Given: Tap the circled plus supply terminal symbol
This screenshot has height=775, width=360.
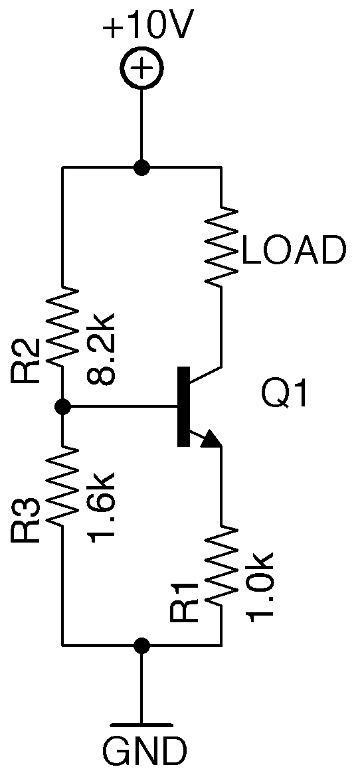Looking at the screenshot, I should (x=141, y=68).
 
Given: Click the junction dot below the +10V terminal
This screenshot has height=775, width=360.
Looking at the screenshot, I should (x=141, y=167).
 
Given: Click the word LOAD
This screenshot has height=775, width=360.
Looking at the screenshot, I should (x=294, y=251).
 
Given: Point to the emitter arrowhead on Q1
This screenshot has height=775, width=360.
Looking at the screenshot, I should (x=211, y=439).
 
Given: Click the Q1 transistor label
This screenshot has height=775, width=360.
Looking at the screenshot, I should (x=285, y=396).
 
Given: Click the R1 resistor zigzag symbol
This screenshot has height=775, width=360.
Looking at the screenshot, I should (x=221, y=565).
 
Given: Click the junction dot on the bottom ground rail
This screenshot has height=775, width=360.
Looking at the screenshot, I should (x=141, y=645).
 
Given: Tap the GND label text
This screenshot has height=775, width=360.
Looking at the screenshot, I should (x=144, y=751).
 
